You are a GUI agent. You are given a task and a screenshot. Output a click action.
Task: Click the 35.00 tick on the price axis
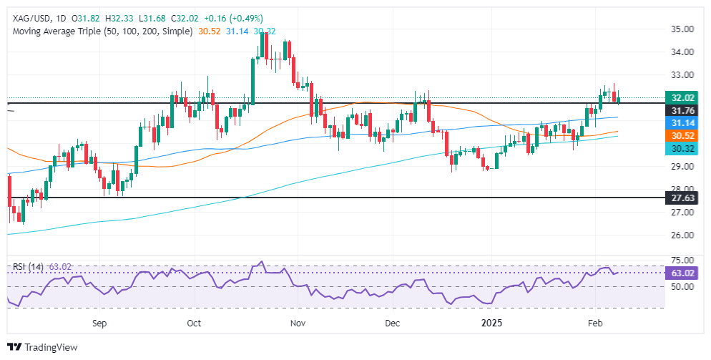point(683,29)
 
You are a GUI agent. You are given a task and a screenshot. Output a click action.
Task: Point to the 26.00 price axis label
point(683,235)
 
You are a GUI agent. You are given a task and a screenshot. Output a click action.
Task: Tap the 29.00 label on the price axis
point(683,167)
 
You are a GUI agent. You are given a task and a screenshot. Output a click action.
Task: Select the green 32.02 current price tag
point(684,99)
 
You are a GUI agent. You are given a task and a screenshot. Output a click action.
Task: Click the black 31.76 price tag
point(684,110)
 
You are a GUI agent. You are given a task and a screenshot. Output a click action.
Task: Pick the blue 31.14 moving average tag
point(684,123)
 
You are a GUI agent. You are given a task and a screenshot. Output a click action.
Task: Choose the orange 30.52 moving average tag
point(684,135)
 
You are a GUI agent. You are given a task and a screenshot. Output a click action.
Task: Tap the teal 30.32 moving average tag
point(684,148)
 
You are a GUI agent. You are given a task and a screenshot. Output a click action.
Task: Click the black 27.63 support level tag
point(684,198)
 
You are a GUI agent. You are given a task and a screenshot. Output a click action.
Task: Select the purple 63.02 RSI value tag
point(684,273)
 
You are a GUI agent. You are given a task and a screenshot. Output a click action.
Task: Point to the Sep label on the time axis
point(99,323)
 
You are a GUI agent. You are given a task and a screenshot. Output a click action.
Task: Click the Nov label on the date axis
point(298,323)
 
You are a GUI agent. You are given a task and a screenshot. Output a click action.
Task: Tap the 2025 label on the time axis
point(492,323)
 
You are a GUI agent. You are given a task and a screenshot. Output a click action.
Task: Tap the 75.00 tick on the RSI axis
point(683,261)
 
